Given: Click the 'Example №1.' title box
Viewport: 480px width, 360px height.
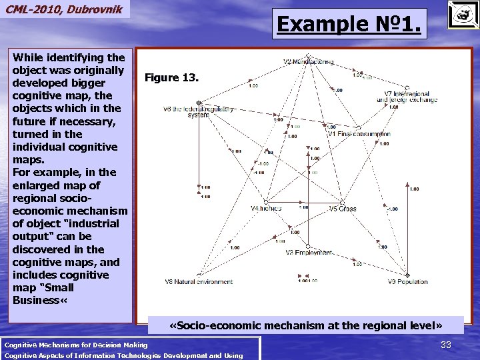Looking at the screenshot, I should (x=349, y=25).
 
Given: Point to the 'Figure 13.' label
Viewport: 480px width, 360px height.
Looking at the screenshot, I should (x=171, y=78).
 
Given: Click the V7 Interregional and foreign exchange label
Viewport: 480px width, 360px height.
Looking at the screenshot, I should (x=407, y=97).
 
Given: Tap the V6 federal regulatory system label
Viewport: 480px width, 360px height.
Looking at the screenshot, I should (x=198, y=111).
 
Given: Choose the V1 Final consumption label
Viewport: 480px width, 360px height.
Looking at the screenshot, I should (x=358, y=134).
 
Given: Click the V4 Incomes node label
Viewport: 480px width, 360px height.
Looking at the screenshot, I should (x=266, y=209).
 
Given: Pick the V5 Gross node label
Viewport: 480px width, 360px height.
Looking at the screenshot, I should (x=343, y=209).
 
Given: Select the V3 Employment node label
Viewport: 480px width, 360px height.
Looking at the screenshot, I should (x=309, y=253).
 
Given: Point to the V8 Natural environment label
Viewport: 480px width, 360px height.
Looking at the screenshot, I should (x=197, y=281).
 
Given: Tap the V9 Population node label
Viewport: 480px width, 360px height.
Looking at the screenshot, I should (x=407, y=281).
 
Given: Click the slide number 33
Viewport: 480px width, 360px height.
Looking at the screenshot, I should (x=446, y=345).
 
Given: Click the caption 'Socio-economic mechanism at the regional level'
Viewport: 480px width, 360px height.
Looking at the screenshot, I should (x=306, y=325).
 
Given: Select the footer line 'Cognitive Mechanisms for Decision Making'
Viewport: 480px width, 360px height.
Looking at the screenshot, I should (x=75, y=345).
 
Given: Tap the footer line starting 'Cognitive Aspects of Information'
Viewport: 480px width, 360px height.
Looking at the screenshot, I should (x=123, y=355).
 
